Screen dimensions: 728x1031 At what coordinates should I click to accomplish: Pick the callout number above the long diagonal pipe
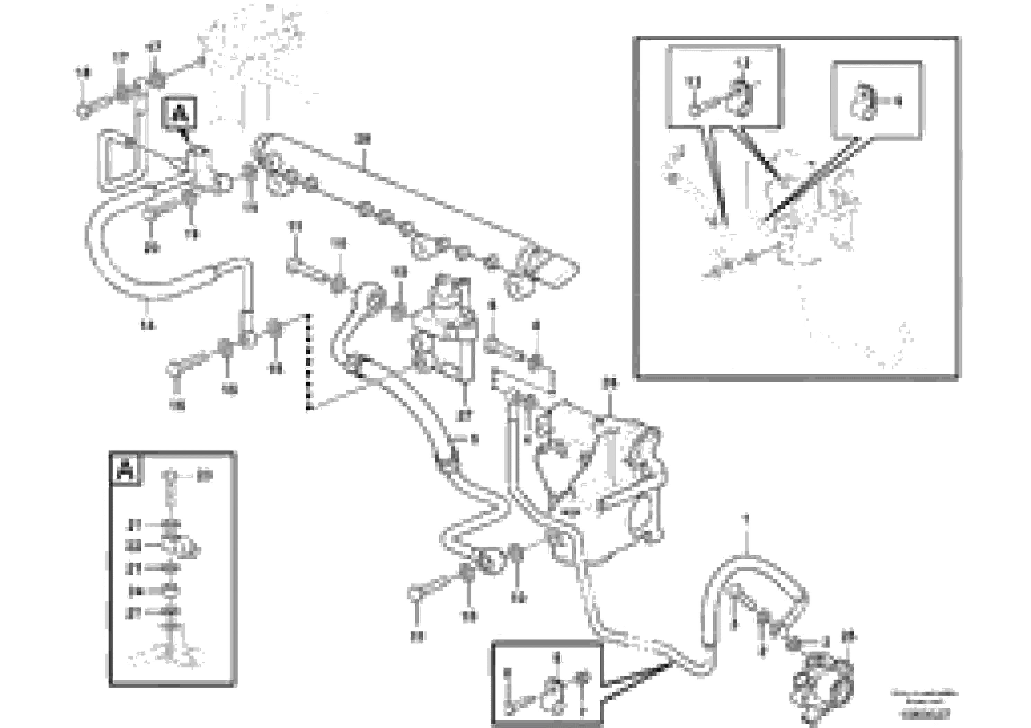point(362,140)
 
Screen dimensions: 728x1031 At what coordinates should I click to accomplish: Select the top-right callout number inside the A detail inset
point(205,475)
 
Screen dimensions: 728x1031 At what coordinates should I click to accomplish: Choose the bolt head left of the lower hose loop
point(415,594)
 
